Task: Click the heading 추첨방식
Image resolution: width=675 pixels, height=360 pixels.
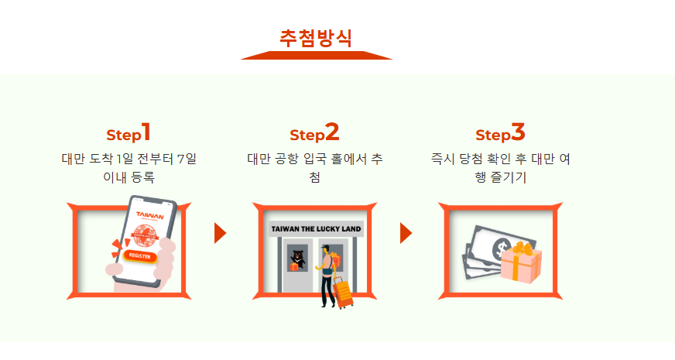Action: (x=316, y=38)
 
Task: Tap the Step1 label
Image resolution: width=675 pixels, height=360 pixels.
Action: (x=128, y=133)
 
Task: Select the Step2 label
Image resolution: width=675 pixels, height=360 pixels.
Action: (x=314, y=133)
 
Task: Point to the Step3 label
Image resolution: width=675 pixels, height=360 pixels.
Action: (x=500, y=133)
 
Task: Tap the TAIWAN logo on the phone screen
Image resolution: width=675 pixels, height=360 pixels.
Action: (x=149, y=215)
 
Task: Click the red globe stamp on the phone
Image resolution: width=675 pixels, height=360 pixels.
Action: (x=146, y=235)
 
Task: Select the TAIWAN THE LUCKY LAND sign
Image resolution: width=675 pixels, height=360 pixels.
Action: (x=316, y=229)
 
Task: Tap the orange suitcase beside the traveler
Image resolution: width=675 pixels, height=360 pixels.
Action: (x=342, y=293)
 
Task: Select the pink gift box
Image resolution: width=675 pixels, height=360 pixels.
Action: (x=519, y=265)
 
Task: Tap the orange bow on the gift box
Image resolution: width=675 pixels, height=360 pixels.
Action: (x=524, y=249)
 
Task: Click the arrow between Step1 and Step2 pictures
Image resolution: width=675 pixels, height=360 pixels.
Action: (x=220, y=232)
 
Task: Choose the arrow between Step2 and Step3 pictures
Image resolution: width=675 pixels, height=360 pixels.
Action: (x=406, y=232)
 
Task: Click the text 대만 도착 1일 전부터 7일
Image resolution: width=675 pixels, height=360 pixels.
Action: (x=129, y=159)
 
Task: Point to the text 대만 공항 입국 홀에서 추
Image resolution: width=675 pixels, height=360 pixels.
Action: (x=315, y=159)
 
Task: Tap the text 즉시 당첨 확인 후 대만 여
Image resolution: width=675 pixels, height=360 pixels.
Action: (x=501, y=159)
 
